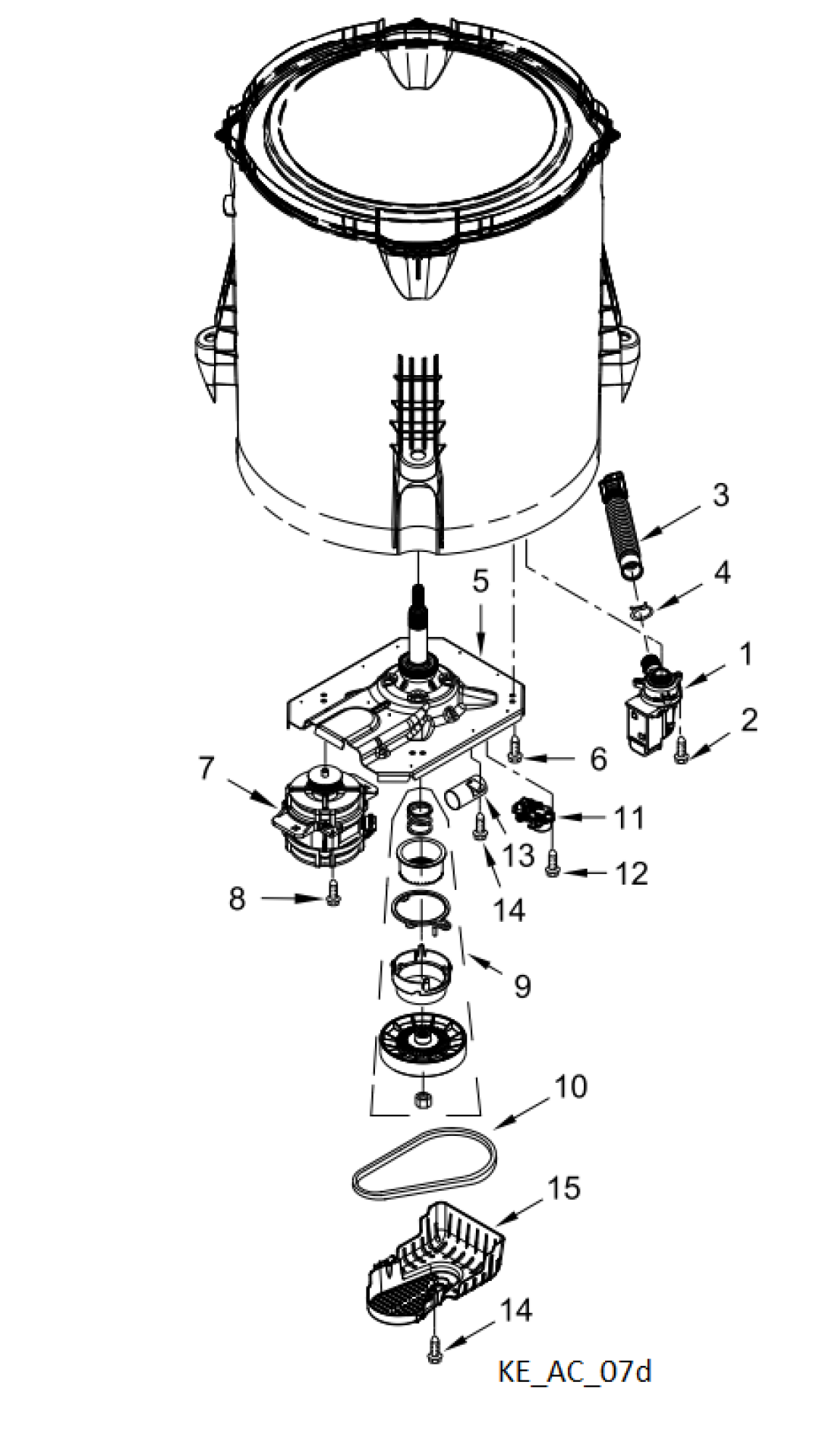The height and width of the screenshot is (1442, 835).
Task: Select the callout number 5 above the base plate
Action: (x=481, y=582)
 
